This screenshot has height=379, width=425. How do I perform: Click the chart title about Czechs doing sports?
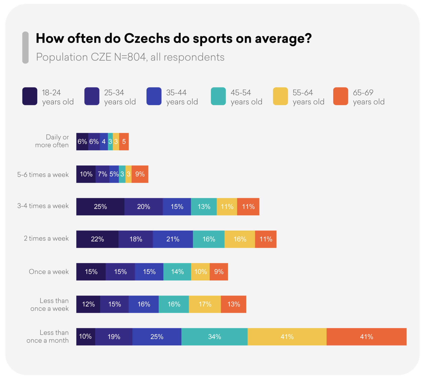tap(174, 39)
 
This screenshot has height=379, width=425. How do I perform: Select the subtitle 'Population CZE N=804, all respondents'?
tap(130, 57)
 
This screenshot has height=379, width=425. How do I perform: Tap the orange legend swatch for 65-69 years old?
tap(341, 96)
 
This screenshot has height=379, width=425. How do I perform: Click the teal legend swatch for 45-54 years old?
tap(218, 96)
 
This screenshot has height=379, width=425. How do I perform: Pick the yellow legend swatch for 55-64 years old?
tap(280, 96)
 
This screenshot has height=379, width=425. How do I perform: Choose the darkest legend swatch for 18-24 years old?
tap(30, 96)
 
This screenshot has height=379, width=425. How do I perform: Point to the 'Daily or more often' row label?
tap(52, 141)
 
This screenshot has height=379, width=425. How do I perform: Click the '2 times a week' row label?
tap(46, 238)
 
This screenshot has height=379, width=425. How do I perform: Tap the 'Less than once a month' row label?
tap(48, 337)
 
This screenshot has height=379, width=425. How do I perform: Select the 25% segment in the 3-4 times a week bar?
tap(100, 207)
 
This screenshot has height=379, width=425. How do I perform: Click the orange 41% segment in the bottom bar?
tap(366, 337)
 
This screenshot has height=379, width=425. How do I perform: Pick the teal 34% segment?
tap(214, 337)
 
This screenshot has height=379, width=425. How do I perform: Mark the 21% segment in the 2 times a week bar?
tap(173, 239)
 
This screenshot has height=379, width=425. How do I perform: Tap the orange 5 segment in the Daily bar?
tap(124, 142)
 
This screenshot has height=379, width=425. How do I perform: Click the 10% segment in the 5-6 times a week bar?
tap(86, 174)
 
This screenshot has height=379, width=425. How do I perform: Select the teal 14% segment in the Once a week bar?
tap(177, 272)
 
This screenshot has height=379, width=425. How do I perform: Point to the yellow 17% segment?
tap(205, 304)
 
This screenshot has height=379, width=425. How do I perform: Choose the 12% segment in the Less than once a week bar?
tap(88, 304)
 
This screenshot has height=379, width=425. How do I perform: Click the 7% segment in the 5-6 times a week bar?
tap(102, 174)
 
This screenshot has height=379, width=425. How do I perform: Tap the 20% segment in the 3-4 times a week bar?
tap(143, 207)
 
